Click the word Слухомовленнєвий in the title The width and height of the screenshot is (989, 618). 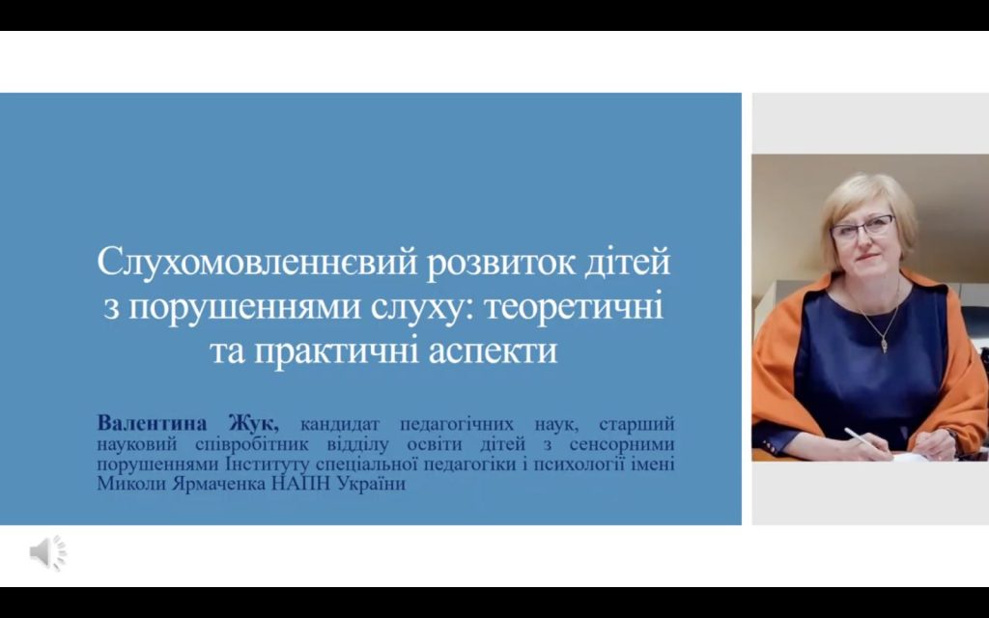tap(257, 262)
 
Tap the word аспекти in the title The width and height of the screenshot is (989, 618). tap(494, 351)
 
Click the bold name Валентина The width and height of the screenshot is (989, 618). tap(152, 423)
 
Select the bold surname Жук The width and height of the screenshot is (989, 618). tap(254, 423)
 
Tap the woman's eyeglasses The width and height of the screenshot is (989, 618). tap(862, 227)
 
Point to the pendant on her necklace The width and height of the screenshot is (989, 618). tap(885, 345)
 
